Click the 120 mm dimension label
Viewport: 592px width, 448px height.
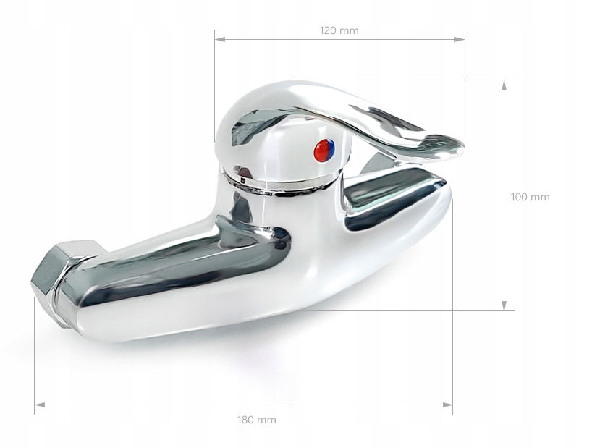(x=339, y=30)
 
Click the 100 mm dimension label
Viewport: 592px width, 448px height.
(x=530, y=197)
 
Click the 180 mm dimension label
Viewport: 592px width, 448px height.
(x=257, y=420)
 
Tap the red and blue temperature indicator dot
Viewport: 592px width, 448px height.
(x=324, y=150)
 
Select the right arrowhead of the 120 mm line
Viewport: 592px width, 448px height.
(x=460, y=39)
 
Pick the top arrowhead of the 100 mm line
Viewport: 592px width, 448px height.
(x=504, y=85)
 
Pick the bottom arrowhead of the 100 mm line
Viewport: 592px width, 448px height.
(x=504, y=305)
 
